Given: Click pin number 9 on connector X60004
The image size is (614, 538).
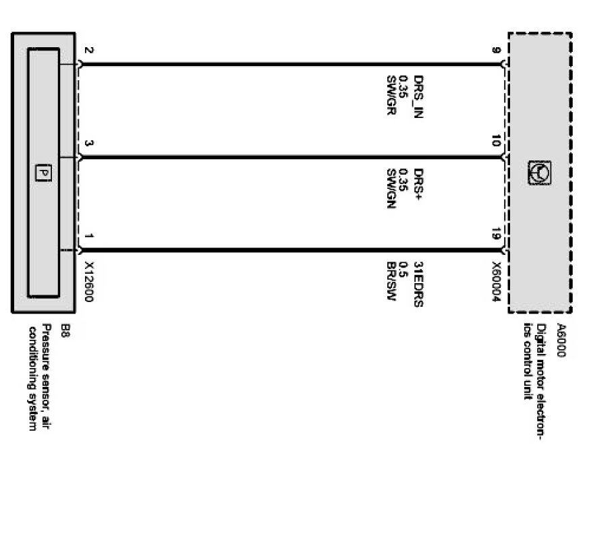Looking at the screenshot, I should coord(495,50).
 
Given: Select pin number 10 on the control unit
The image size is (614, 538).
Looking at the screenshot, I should coord(495,142).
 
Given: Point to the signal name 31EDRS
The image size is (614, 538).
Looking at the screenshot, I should coord(418,284).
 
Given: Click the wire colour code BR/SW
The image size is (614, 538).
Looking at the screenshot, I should coord(390,280).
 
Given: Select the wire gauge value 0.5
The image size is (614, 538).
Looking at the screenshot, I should coord(403,266).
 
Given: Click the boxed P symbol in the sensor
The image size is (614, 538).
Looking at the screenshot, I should coord(43,173).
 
